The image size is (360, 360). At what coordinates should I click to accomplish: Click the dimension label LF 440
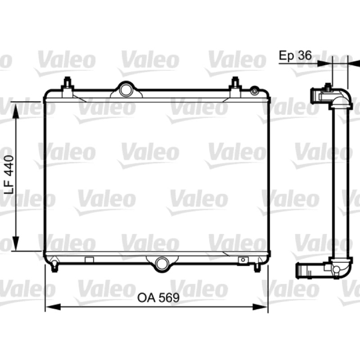pos(9,175)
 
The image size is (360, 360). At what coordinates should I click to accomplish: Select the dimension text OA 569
pos(158,298)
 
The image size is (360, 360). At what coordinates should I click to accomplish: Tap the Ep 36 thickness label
pos(295,55)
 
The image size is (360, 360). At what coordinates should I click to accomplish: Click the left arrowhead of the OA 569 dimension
pos(53,307)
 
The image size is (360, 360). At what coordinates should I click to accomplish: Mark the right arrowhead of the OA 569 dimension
pos(261,307)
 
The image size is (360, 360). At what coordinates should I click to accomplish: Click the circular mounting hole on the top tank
pos(126,90)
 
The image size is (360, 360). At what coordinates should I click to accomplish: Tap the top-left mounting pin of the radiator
pos(67,85)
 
